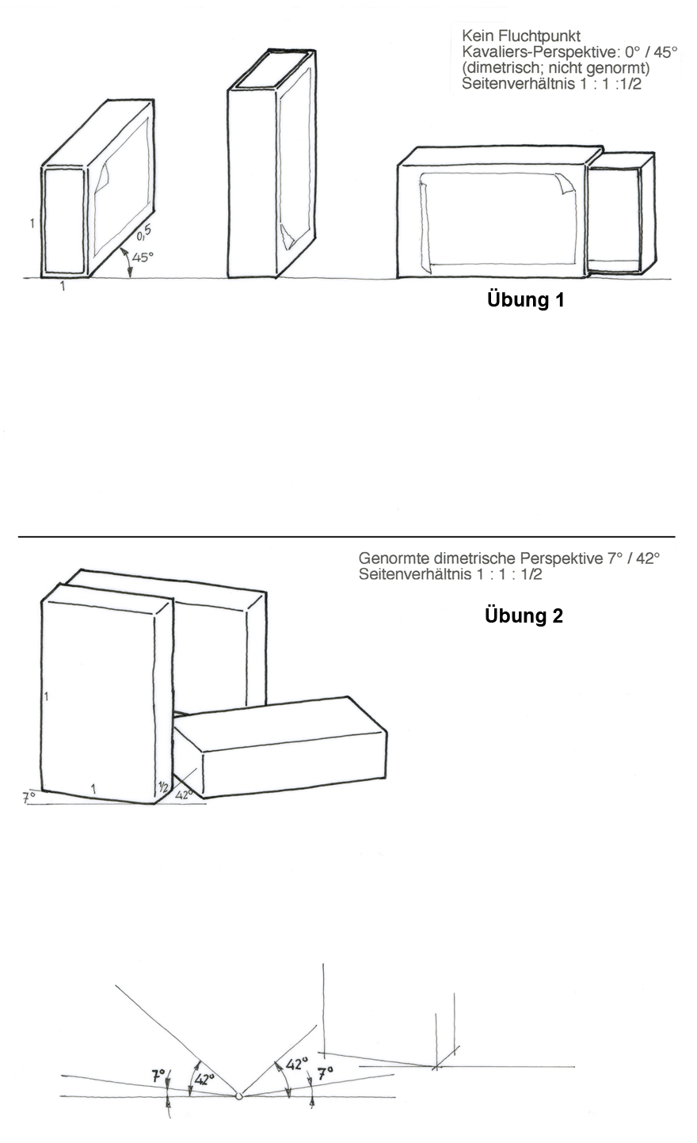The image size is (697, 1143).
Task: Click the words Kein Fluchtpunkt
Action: (521, 36)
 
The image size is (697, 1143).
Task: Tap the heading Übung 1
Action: (526, 299)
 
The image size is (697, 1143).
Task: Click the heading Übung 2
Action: (524, 615)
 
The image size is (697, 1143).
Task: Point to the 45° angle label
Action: (143, 257)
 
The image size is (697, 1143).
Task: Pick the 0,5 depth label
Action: (144, 233)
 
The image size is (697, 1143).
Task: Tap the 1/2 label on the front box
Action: (163, 787)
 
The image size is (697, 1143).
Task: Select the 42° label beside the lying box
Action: (184, 794)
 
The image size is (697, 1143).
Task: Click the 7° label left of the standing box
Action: (29, 797)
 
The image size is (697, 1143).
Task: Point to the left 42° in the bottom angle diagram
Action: (204, 1079)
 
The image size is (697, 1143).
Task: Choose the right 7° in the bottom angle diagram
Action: (325, 1073)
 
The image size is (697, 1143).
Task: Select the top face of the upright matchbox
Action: (272, 70)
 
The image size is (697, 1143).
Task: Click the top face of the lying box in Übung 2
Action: (280, 725)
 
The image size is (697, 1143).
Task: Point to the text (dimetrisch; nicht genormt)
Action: (556, 68)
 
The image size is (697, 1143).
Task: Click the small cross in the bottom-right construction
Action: (436, 1066)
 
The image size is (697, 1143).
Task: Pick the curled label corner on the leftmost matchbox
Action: (102, 177)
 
